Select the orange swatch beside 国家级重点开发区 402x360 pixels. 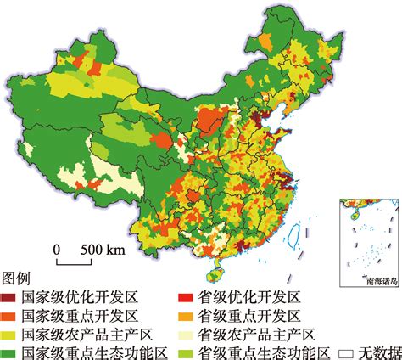click(11, 316)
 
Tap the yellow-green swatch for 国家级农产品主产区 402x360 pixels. click(11, 334)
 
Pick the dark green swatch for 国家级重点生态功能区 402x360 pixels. click(11, 352)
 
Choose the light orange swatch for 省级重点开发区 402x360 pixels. click(184, 316)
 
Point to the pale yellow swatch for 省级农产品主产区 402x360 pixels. click(184, 334)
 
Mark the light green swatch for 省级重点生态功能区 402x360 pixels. click(184, 352)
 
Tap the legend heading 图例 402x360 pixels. click(17, 278)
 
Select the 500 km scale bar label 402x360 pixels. click(103, 250)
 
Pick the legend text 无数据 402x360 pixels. click(377, 352)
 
